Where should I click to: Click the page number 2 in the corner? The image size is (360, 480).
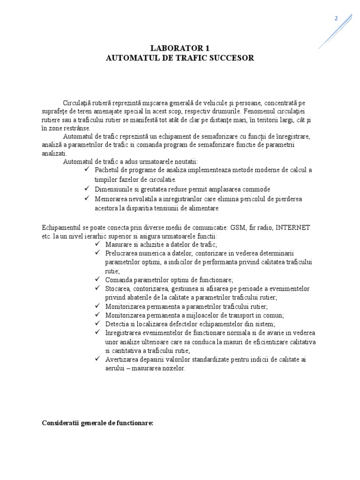coord(335,18)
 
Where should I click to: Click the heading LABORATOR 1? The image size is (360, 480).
coord(180,48)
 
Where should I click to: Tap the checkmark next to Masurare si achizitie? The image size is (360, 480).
coord(97,244)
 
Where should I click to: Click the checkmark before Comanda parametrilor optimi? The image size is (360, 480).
coord(97,280)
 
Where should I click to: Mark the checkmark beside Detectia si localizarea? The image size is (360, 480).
coord(97,323)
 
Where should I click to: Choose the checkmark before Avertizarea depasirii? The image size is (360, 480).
coord(97,359)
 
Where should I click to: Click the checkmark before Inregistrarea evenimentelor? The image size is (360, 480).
coord(97,332)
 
